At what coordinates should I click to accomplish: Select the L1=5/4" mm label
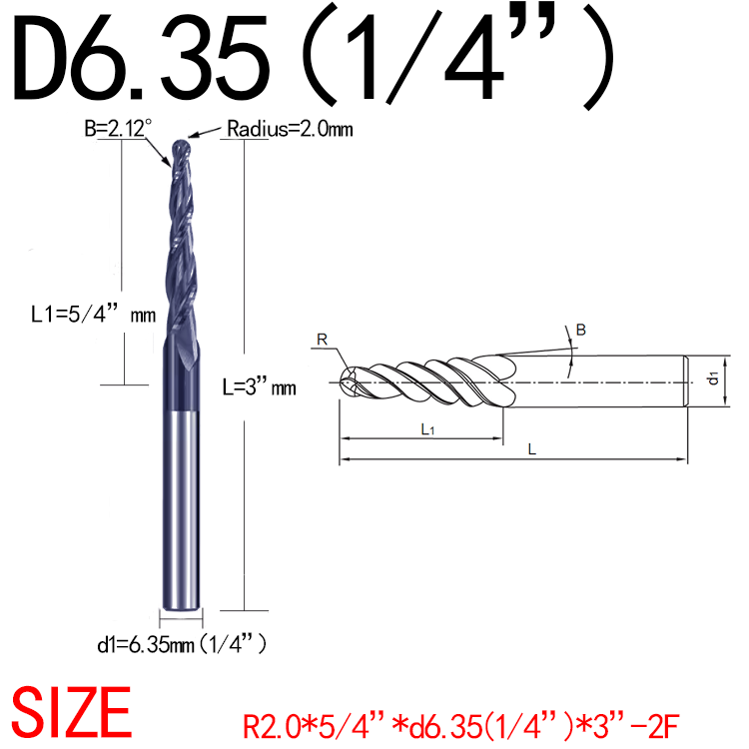point(91,316)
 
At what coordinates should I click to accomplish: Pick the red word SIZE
point(69,712)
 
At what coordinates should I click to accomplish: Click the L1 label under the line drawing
point(426,428)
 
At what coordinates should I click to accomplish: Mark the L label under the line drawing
point(532,450)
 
